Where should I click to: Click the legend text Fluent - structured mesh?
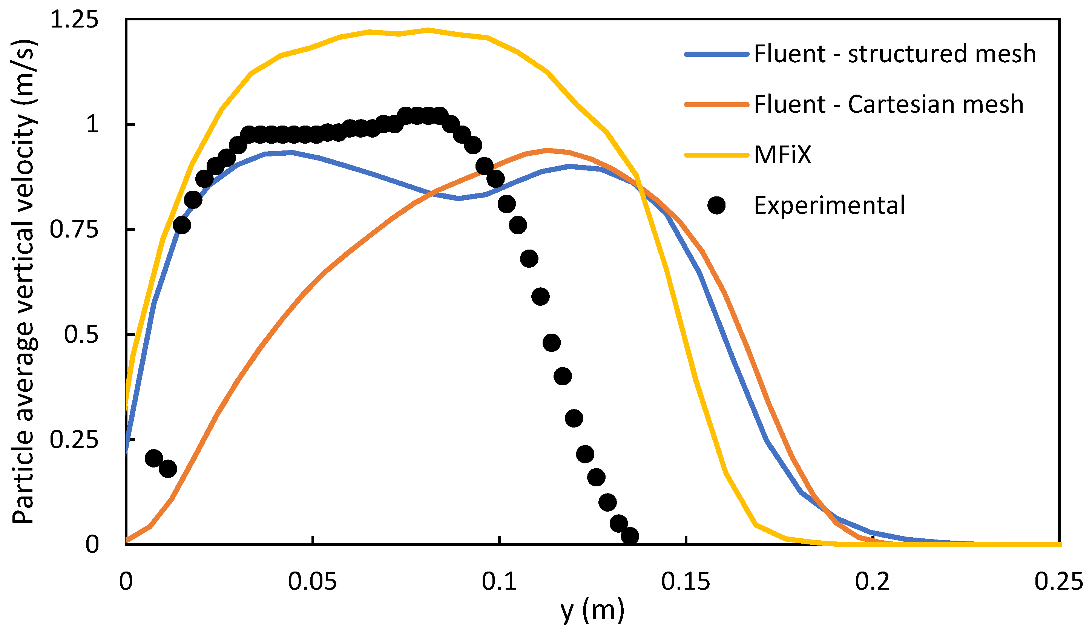[x=895, y=54]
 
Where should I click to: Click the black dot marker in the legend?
[x=716, y=205]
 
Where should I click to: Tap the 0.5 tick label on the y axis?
[x=81, y=334]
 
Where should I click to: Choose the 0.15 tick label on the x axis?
[x=686, y=581]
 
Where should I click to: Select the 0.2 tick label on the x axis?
[x=872, y=581]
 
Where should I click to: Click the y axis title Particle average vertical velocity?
[x=24, y=282]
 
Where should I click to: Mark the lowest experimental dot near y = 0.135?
[x=630, y=536]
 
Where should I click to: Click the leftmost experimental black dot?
[x=153, y=458]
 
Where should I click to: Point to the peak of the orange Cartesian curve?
[x=547, y=150]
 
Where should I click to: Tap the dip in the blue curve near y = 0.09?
[x=459, y=198]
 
